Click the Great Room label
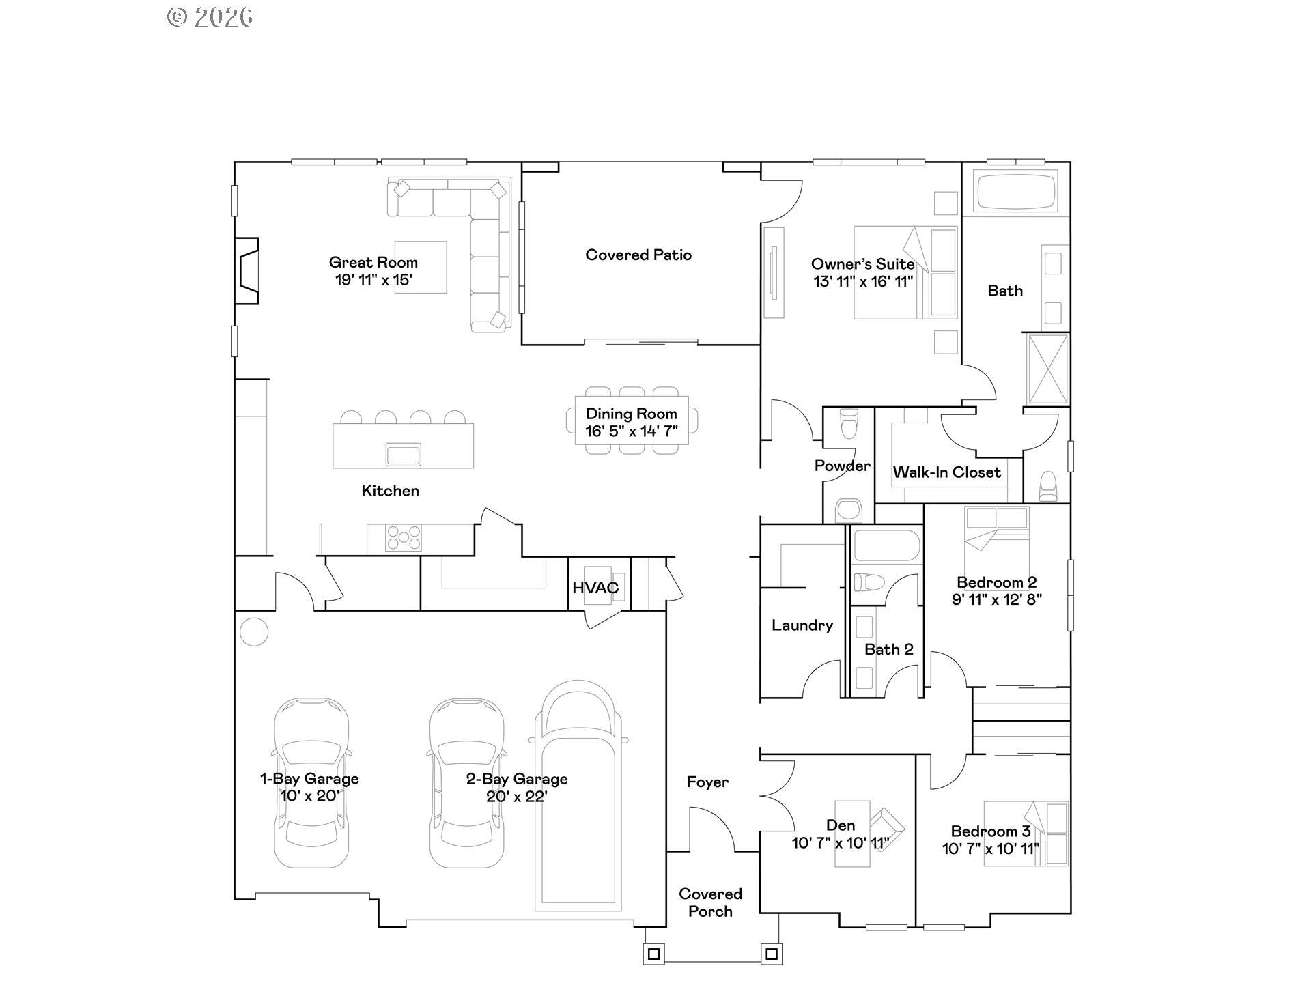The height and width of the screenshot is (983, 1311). pos(373,262)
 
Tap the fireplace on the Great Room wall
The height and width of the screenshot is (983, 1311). pos(247,271)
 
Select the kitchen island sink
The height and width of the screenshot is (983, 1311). pos(403,454)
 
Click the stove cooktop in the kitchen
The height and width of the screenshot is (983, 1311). pos(403,538)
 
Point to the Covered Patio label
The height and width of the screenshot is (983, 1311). pos(638,255)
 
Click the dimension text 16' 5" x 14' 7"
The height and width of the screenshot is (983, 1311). pos(631,431)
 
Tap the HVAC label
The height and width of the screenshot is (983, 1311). pos(595,588)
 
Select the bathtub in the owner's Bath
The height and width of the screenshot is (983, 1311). pos(1015,192)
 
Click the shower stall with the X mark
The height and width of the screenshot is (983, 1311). pos(1047,369)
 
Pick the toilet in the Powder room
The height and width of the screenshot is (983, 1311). pos(849,423)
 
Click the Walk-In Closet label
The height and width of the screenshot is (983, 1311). pos(946,472)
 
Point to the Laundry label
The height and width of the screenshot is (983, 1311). pos(802,625)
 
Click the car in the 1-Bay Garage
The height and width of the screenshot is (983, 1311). pos(311,783)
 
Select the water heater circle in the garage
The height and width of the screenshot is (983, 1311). pos(254,631)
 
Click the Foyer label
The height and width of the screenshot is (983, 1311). pos(707,782)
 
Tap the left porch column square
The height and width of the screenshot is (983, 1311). pos(653,954)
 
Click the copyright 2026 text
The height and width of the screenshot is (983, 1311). pos(210,17)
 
